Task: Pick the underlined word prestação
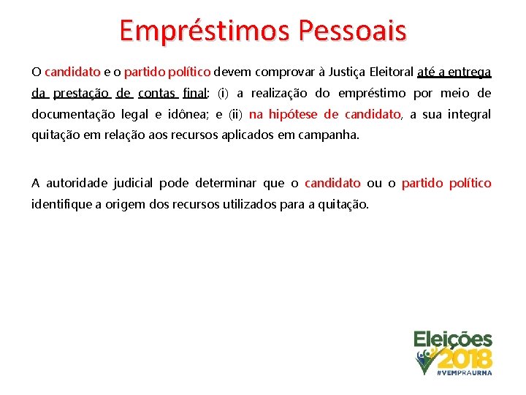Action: [81, 93]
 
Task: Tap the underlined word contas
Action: [156, 93]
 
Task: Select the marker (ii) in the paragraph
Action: [235, 114]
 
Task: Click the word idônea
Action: [190, 114]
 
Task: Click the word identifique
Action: [62, 204]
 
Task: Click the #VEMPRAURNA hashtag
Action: [464, 372]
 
